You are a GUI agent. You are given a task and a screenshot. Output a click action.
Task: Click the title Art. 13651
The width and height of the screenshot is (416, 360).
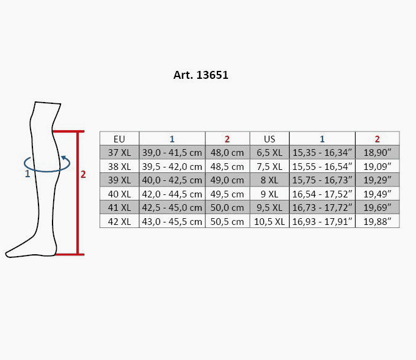pos(200,75)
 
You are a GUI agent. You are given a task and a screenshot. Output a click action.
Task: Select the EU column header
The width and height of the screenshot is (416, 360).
pos(119,139)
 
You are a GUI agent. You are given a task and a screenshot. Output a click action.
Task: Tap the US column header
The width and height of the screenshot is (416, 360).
pos(269,139)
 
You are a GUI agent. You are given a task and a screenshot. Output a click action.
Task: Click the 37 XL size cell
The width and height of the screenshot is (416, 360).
pos(119,152)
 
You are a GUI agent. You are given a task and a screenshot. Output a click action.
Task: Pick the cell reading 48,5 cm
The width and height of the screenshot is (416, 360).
pos(227,166)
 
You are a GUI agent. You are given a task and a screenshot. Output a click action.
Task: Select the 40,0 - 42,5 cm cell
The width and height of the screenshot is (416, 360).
pos(172,180)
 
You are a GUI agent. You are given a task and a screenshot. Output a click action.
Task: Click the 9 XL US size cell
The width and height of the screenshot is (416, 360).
pos(269,194)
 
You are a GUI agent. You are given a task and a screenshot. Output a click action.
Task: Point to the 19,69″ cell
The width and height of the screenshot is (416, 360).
pos(377,207)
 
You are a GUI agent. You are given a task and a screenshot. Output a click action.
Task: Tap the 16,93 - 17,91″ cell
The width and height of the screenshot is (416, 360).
pos(322,221)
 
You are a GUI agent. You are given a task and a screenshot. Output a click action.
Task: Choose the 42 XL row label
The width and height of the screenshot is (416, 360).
pos(119,221)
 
